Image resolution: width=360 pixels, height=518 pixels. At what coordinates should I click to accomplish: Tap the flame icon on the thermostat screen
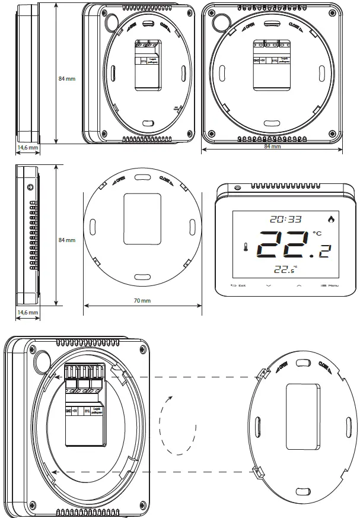click(330, 219)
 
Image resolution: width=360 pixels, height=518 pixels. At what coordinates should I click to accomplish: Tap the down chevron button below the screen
click(269, 286)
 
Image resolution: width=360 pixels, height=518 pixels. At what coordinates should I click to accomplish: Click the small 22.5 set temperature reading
click(285, 271)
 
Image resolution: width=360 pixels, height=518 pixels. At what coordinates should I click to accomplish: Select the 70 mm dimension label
click(142, 301)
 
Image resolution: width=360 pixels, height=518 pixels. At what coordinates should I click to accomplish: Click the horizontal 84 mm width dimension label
click(272, 147)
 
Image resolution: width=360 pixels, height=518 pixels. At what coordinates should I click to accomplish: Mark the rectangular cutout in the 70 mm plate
click(142, 218)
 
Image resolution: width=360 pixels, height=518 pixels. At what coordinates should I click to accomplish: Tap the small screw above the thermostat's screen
click(237, 189)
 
